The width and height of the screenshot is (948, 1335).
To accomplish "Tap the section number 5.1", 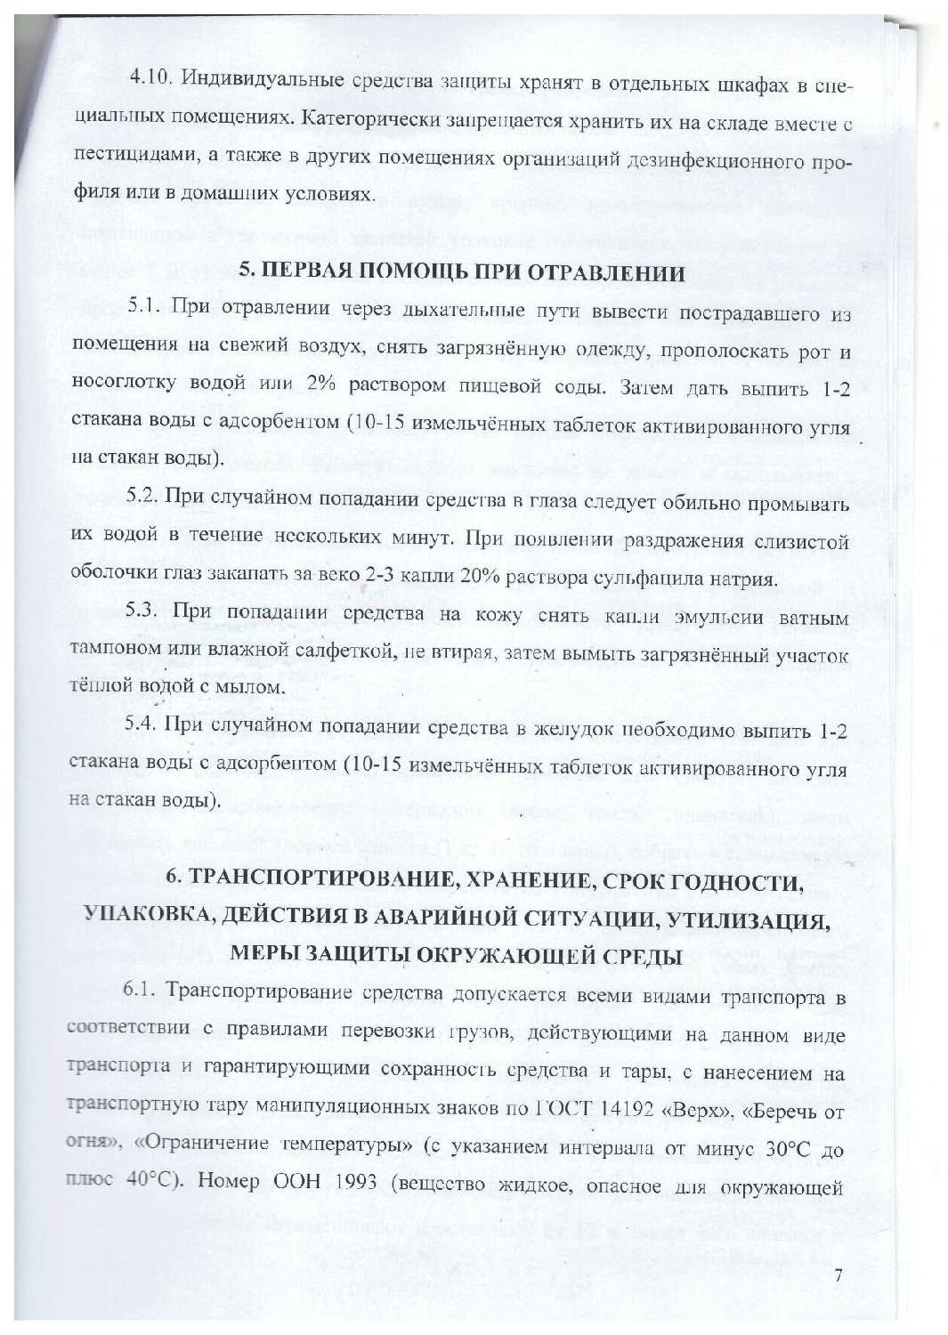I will pyautogui.click(x=142, y=308).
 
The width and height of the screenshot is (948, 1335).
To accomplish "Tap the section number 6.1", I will pyautogui.click(x=140, y=991).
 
